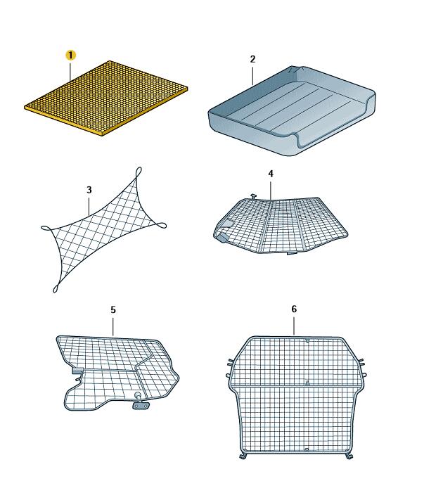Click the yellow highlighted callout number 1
(70, 56)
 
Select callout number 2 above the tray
(252, 59)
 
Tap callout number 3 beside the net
(89, 190)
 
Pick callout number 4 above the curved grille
(271, 174)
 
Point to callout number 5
(113, 309)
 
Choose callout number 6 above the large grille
(294, 309)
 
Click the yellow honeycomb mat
(106, 98)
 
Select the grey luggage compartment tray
(292, 110)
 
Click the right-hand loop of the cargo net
(161, 226)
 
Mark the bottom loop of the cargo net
(56, 288)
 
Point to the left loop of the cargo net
(46, 228)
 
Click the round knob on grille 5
(138, 395)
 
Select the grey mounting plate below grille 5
(141, 406)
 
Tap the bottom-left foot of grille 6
(243, 456)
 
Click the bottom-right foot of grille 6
(349, 456)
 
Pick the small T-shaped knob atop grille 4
(253, 195)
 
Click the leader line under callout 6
(294, 326)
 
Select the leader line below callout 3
(89, 206)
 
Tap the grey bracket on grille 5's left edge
(77, 371)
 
